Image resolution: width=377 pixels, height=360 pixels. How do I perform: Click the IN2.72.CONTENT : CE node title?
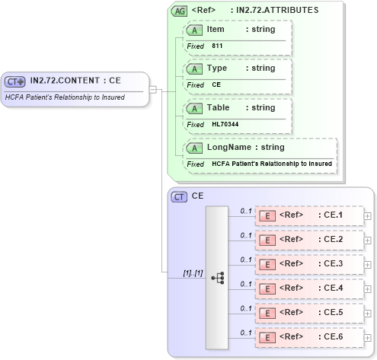(75, 80)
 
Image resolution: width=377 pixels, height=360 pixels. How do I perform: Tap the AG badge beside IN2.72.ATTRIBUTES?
(179, 11)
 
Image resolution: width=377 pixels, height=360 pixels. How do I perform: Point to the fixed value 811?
(217, 46)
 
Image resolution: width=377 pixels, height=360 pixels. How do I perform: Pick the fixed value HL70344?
(225, 124)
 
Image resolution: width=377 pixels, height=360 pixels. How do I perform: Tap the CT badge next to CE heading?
(180, 196)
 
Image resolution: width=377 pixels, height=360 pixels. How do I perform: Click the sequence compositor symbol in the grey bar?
(218, 278)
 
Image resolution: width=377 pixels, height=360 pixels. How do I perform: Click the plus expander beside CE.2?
(368, 240)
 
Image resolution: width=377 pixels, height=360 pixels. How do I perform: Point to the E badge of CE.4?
(267, 288)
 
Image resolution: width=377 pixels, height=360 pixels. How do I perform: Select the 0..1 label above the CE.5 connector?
(246, 307)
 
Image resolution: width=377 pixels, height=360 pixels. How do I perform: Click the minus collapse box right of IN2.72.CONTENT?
(152, 89)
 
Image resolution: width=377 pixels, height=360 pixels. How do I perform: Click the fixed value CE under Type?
(216, 85)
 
